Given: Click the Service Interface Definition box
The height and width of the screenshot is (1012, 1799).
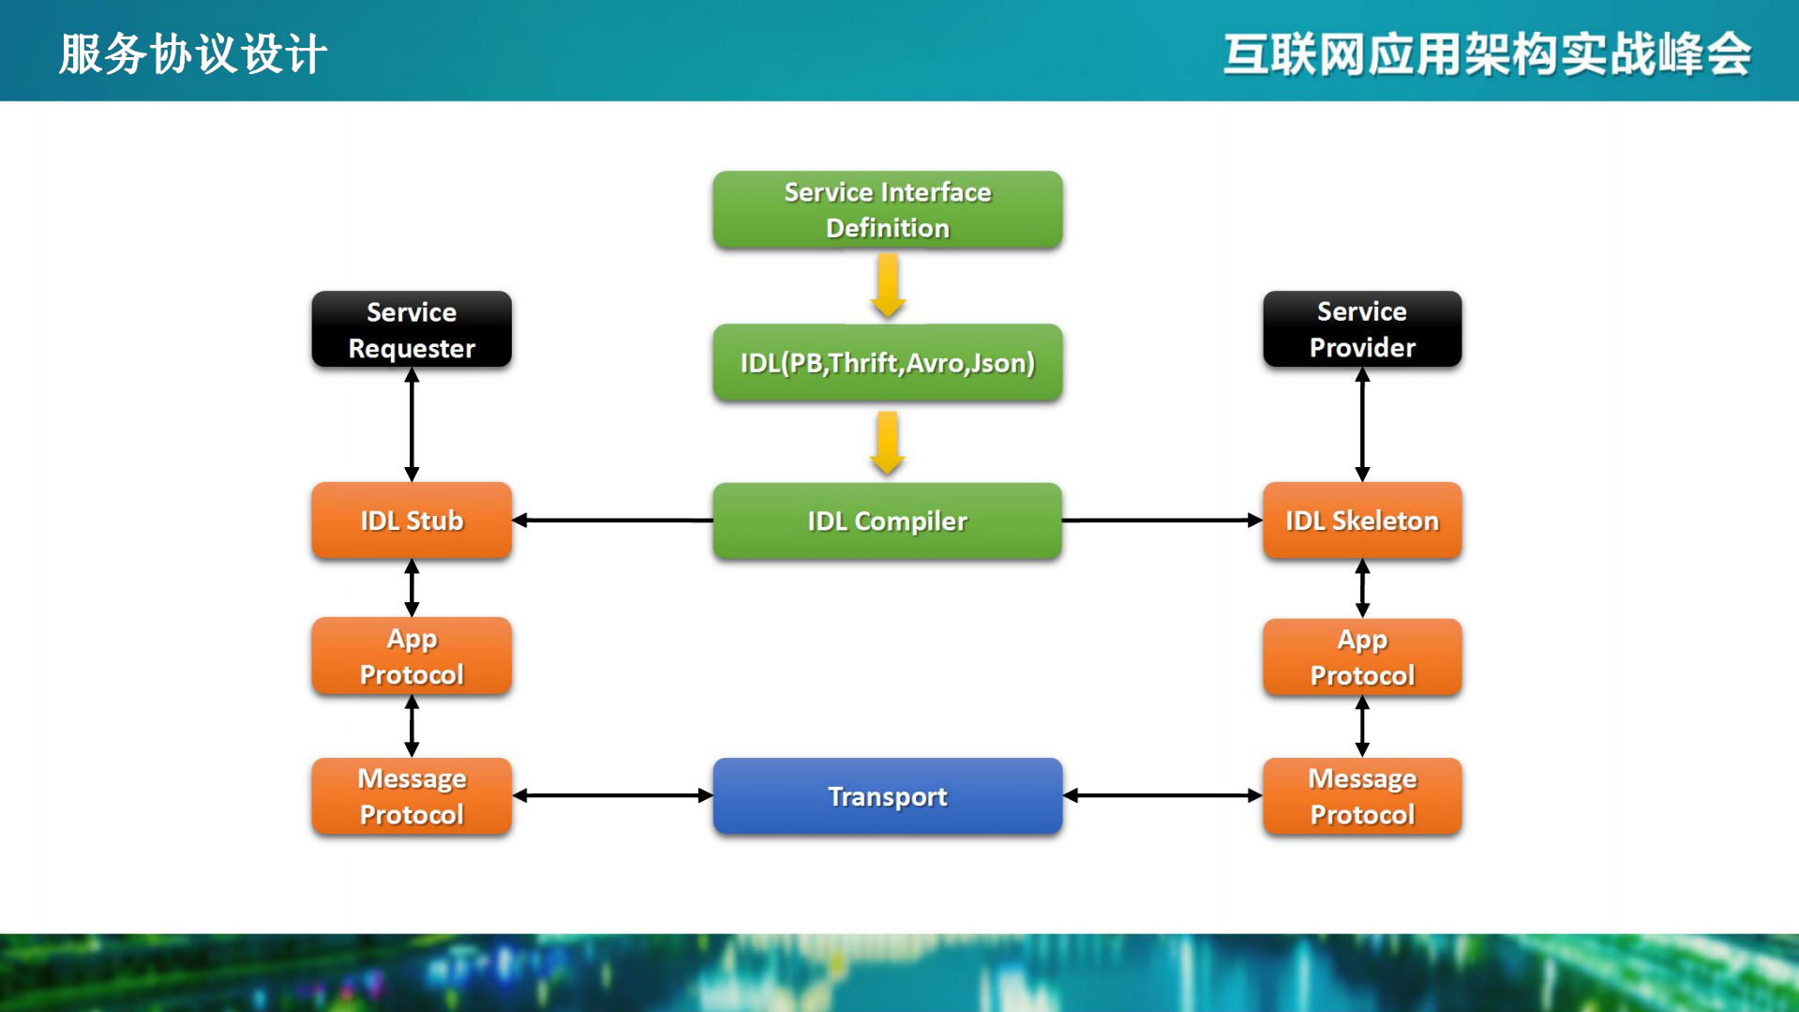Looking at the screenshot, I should (x=887, y=209).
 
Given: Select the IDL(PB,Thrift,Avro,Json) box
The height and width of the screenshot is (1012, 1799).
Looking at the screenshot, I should (x=887, y=362).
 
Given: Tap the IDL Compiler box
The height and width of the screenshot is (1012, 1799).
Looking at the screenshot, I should (x=887, y=521).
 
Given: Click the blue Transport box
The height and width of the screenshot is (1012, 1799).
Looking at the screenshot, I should (x=887, y=795).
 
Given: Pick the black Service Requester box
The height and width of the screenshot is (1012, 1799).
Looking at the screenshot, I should (x=412, y=329).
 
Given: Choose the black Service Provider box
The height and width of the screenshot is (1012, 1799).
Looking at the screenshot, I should (x=1362, y=329).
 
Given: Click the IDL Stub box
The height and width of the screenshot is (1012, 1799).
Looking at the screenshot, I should (x=412, y=521).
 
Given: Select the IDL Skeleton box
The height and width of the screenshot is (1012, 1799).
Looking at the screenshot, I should (x=1362, y=521).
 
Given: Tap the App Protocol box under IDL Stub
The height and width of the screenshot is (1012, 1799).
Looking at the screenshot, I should (x=412, y=656).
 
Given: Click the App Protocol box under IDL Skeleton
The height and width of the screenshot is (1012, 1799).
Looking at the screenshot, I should (x=1362, y=657).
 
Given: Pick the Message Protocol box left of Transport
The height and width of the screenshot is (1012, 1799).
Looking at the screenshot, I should (x=412, y=795).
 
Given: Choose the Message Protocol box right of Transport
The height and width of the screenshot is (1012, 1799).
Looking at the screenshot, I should (x=1362, y=795).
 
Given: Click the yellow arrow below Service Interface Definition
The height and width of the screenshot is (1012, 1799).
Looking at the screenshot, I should (x=888, y=287).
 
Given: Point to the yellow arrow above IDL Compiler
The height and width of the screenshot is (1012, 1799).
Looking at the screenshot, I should (x=888, y=443).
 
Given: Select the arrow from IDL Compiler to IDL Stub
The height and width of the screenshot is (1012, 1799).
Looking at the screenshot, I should (x=611, y=520).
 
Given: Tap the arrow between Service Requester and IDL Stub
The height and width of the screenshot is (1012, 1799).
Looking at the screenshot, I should (x=412, y=424).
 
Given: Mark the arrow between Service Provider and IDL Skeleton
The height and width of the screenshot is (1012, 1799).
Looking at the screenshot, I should (x=1362, y=424).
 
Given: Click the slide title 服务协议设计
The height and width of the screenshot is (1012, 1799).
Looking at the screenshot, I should (x=193, y=53).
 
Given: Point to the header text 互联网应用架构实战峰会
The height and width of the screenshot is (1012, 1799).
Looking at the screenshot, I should (x=1487, y=53).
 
